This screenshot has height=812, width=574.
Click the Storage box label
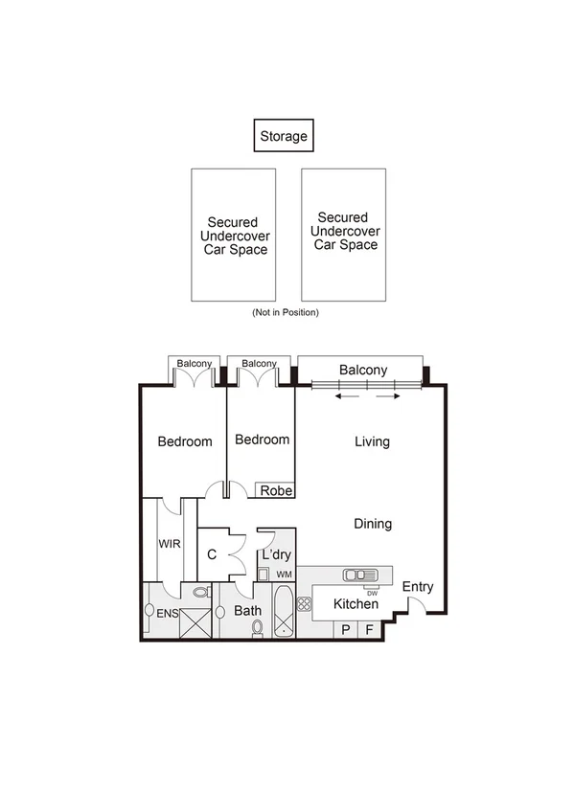[x=284, y=136]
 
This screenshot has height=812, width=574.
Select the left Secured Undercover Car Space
[x=233, y=235]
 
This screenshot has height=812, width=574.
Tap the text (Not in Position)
[x=286, y=312]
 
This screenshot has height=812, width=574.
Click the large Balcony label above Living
[x=363, y=371]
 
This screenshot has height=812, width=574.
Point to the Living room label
[x=372, y=441]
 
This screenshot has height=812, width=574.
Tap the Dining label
[x=373, y=524]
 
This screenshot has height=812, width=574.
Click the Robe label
[x=275, y=490]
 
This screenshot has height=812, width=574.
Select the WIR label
[x=170, y=543]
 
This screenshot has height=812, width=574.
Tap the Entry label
[x=417, y=586]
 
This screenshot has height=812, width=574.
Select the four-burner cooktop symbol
[x=305, y=604]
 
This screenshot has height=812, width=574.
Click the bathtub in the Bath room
[x=285, y=613]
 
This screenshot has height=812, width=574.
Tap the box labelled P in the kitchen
[x=344, y=629]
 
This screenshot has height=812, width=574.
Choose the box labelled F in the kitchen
[x=369, y=629]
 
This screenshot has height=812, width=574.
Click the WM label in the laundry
[x=284, y=574]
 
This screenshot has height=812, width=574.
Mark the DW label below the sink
[x=372, y=591]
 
